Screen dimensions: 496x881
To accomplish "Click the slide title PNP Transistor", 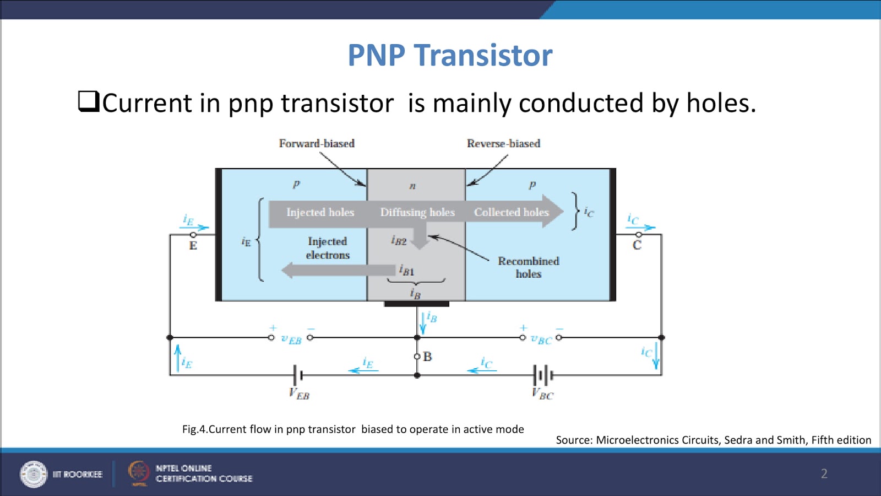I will click(x=450, y=55).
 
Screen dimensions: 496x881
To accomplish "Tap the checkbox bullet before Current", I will click(x=88, y=101).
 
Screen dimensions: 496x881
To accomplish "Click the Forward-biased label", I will click(x=317, y=143).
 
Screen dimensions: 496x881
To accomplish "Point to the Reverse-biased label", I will click(x=503, y=143).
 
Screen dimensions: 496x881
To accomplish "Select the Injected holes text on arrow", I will click(x=320, y=212).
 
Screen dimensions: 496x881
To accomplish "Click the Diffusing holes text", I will click(x=417, y=212).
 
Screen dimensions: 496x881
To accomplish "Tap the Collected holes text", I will click(x=511, y=212).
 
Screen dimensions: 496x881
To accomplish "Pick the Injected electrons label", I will click(x=328, y=248).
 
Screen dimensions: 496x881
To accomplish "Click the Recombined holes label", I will click(x=528, y=267).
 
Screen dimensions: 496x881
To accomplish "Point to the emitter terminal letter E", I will click(x=193, y=246).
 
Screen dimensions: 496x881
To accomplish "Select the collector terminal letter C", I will click(x=637, y=246).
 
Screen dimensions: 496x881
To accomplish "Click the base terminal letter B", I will click(x=427, y=357).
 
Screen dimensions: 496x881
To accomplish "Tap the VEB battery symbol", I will click(x=298, y=375).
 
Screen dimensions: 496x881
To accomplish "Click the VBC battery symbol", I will click(x=543, y=375).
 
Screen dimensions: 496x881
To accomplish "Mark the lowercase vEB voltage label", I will click(x=291, y=339).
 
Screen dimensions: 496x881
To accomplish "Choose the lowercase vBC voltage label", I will click(x=541, y=339).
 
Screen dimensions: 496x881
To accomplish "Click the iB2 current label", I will click(x=399, y=240).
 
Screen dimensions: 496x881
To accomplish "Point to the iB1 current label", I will click(x=406, y=270).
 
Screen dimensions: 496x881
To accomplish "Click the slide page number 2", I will click(x=824, y=473).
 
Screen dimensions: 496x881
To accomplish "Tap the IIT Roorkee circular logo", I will click(x=34, y=474).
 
